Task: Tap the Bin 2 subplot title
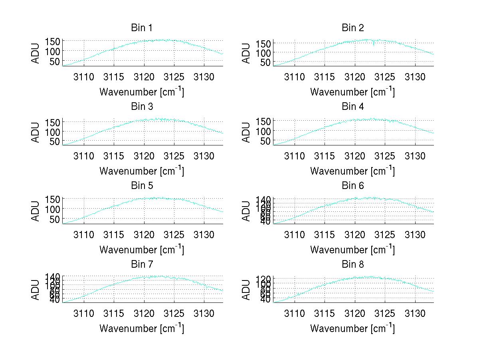352,28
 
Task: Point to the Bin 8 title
352,265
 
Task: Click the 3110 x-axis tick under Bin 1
84,77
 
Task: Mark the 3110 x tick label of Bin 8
295,313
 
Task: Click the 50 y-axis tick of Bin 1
55,61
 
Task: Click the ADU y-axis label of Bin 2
246,53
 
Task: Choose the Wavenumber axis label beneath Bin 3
141,171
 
